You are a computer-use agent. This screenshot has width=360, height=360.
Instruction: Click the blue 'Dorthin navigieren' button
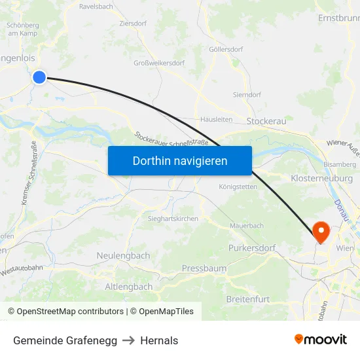pos(179,160)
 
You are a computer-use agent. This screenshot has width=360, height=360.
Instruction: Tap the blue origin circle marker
pos(39,77)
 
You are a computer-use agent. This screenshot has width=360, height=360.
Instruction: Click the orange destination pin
pos(321,231)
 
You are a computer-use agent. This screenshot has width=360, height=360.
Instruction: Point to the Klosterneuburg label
pos(321,178)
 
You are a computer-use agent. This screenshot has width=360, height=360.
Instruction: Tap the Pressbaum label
pos(204,268)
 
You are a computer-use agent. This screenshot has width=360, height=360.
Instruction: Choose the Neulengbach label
pos(123,255)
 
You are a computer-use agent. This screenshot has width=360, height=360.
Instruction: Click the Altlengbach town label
pos(129,287)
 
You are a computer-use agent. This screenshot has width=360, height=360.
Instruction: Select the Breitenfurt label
pos(247,298)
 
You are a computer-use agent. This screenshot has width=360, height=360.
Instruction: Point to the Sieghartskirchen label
pos(173,219)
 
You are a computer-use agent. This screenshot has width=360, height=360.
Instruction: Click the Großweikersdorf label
pos(159,63)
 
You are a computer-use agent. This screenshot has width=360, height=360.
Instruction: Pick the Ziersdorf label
pos(133,23)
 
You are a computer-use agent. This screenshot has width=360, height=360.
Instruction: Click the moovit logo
pos(321,339)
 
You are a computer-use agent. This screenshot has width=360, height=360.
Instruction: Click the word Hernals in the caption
pos(159,340)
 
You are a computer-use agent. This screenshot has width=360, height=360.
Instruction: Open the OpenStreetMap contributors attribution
pos(70,312)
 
